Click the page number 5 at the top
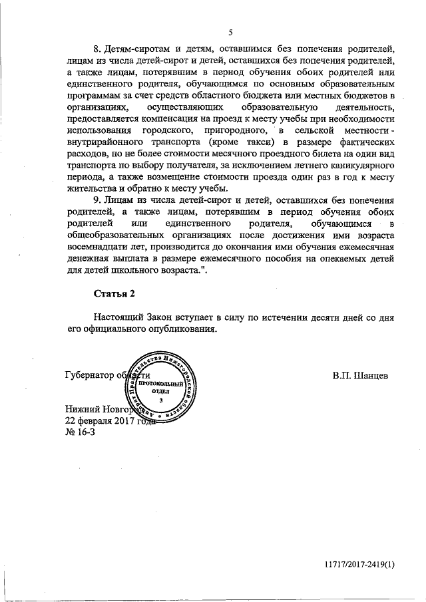230,32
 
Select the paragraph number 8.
96,50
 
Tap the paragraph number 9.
96,199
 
